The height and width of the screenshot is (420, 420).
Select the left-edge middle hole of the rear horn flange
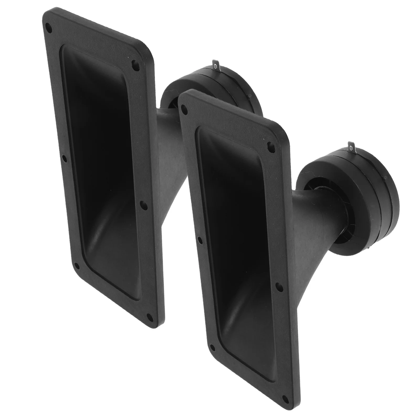63,159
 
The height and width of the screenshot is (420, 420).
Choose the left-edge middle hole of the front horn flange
200,239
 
